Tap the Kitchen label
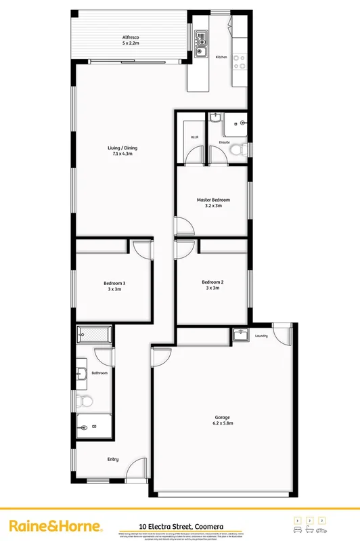tap(221, 58)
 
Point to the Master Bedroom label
tap(213, 200)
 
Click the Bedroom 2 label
tap(212, 282)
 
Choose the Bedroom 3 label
tap(114, 283)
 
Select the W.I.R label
tap(194, 137)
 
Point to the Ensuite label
tap(224, 142)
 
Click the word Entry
tap(113, 459)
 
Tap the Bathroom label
tap(99, 372)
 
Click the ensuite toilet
tap(238, 151)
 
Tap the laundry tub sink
tap(240, 334)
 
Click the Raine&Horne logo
tap(55, 526)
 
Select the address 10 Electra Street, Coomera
tap(181, 525)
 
